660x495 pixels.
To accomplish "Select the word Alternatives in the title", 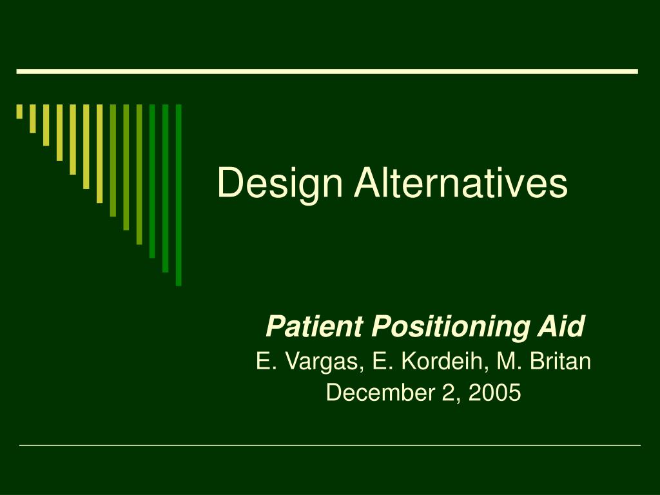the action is pos(461,182).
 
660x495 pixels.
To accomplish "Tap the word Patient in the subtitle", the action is pos(314,326).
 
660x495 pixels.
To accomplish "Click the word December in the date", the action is pos(380,393).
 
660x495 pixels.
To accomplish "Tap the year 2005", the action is pos(494,393).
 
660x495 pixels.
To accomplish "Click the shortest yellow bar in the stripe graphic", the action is pos(19,112).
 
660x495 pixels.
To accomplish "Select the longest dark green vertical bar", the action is pos(179,195).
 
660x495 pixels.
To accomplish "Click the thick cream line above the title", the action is pos(327,72).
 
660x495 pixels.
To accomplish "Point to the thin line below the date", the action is pos(330,445).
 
